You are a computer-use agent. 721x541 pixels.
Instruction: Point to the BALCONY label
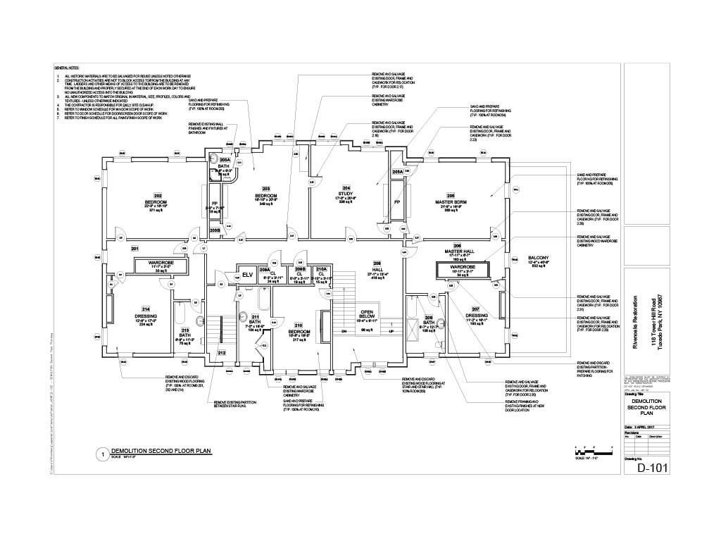coord(538,261)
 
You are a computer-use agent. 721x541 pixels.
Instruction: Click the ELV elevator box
coord(247,275)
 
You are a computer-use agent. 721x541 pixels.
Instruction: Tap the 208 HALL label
coord(376,268)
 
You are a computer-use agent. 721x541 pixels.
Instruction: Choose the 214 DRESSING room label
coord(146,313)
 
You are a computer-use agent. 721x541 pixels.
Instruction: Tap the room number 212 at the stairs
coord(221,352)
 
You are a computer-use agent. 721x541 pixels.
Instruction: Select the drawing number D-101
coord(651,468)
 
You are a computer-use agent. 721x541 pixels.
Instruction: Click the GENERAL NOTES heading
coord(68,67)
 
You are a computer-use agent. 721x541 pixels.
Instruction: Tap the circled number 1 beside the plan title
coord(102,454)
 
